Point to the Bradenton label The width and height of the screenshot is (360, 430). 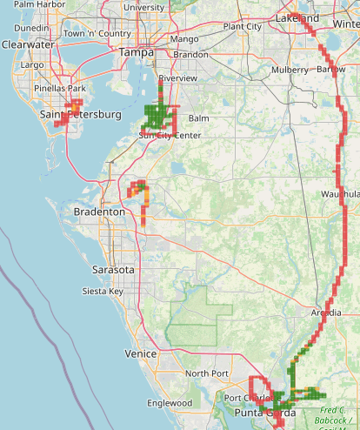pos(100,212)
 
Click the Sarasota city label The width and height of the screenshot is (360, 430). pos(114,270)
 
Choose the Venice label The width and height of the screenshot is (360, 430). pos(140,353)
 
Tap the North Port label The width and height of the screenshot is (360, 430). pos(205,373)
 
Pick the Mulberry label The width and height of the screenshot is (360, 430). pos(290,69)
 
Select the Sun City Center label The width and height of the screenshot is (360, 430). pos(170,136)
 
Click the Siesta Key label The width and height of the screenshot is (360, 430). pos(103,291)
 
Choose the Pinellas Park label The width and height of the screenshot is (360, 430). pos(59,89)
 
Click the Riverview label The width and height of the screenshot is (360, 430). pos(177,77)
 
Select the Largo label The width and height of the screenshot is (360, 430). pos(32,64)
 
